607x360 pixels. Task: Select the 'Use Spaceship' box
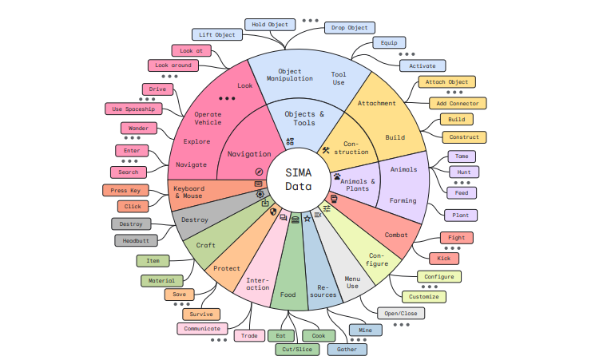click(134, 109)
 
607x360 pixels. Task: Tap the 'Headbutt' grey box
click(136, 240)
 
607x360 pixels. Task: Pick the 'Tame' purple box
click(462, 156)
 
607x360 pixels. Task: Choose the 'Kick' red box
click(443, 259)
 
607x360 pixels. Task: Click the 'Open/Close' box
click(402, 314)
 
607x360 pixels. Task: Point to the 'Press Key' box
click(125, 190)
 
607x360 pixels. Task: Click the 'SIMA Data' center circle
click(299, 180)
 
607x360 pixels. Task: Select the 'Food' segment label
click(288, 295)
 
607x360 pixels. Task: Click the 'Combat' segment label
click(396, 235)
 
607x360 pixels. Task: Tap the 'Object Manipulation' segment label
click(284, 75)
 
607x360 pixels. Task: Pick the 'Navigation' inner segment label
click(249, 154)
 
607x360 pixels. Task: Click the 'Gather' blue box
click(347, 350)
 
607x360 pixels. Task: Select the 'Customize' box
click(423, 296)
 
